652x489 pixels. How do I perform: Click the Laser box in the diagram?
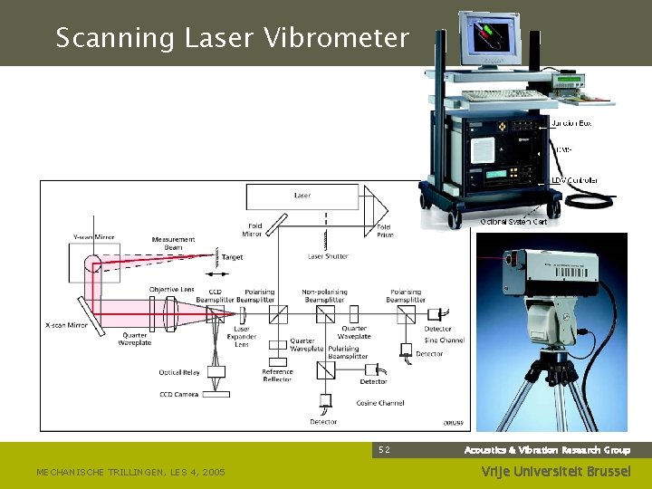coord(302,196)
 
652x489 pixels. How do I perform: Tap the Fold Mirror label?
coord(253,230)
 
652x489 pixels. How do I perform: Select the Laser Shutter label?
coord(328,256)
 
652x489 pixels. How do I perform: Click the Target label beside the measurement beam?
coord(232,257)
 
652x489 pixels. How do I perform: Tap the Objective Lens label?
coord(171,290)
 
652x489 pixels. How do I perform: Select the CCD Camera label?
coord(178,395)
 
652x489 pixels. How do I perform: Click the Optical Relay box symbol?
coord(216,371)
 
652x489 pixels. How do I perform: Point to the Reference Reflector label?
coord(277,376)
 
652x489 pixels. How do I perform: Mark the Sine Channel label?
coord(445,340)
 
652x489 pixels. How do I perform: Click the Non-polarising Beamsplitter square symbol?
coord(326,314)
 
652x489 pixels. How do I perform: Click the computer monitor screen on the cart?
coord(490,38)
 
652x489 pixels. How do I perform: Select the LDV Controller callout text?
coord(574,180)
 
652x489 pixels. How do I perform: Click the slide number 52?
coord(384,450)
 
